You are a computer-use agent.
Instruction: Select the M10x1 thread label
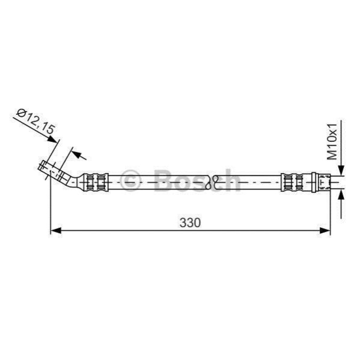(332, 141)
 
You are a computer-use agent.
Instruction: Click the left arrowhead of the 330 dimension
(56, 230)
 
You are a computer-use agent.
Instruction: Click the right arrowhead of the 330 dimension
(325, 230)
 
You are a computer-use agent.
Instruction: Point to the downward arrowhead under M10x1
(341, 171)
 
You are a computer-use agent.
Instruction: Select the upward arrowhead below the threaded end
(341, 194)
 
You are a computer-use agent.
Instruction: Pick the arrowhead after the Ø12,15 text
(53, 139)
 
